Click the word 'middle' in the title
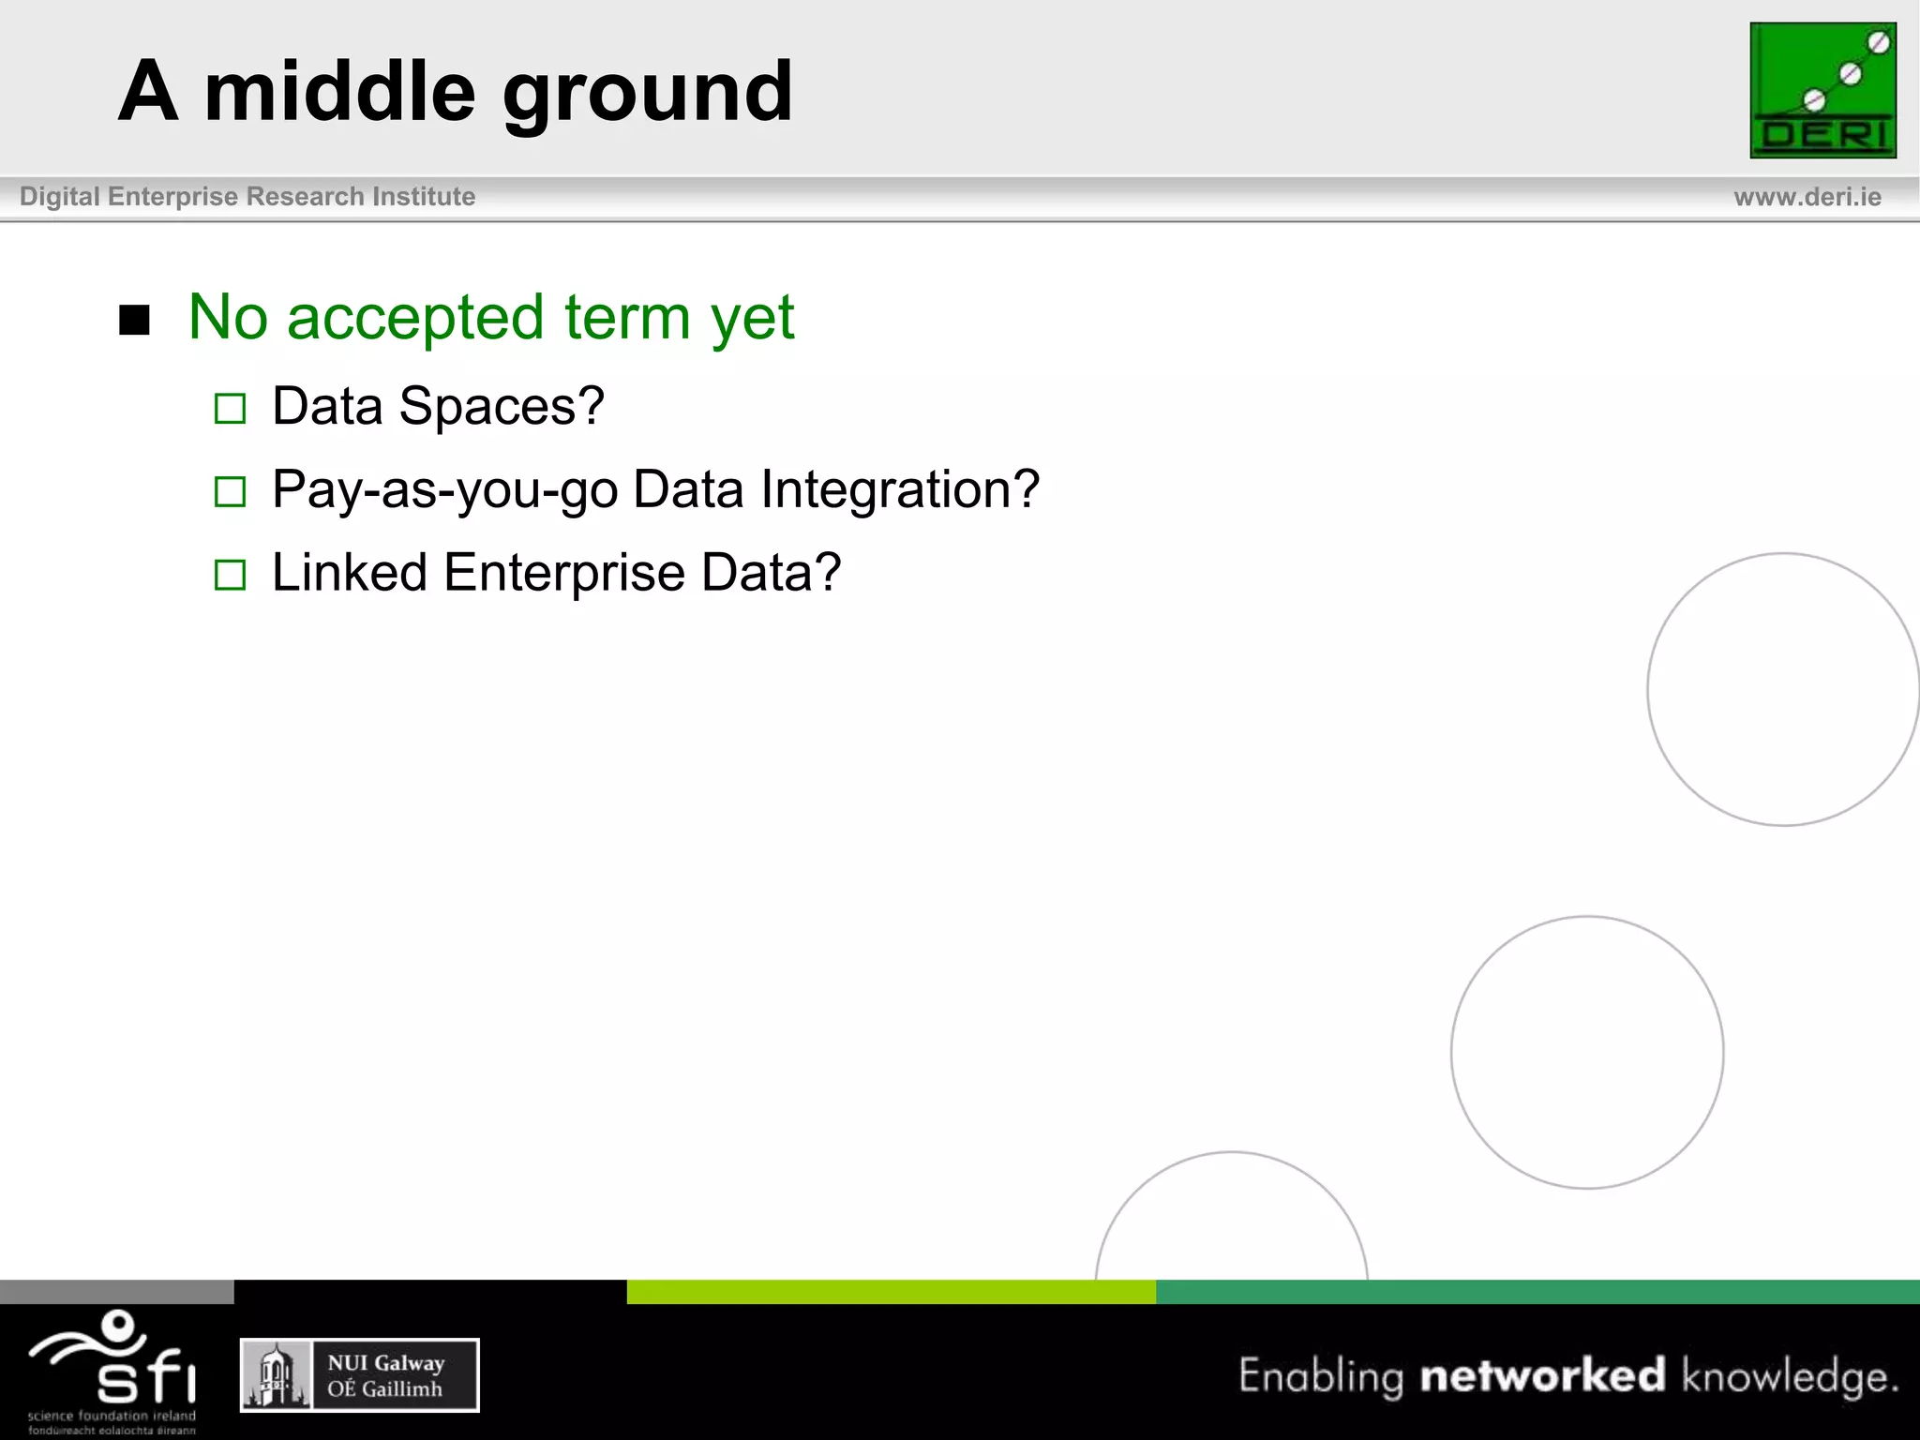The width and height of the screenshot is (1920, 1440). click(339, 92)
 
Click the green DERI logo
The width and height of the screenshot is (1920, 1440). click(1822, 90)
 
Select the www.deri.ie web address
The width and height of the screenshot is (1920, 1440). click(1807, 197)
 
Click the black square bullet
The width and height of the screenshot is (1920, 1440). click(135, 321)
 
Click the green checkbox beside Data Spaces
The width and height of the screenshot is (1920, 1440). click(230, 409)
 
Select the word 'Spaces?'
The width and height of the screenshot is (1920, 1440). click(502, 407)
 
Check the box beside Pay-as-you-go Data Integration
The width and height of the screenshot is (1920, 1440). click(230, 491)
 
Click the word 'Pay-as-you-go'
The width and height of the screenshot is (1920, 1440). click(444, 490)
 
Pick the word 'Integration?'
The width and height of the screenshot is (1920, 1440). click(900, 489)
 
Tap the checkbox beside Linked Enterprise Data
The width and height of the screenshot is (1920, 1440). click(230, 574)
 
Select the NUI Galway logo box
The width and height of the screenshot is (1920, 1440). click(360, 1374)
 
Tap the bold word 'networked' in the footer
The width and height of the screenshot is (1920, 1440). click(1542, 1375)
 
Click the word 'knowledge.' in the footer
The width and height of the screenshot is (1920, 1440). click(1790, 1376)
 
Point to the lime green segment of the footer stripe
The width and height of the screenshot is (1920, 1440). click(891, 1291)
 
